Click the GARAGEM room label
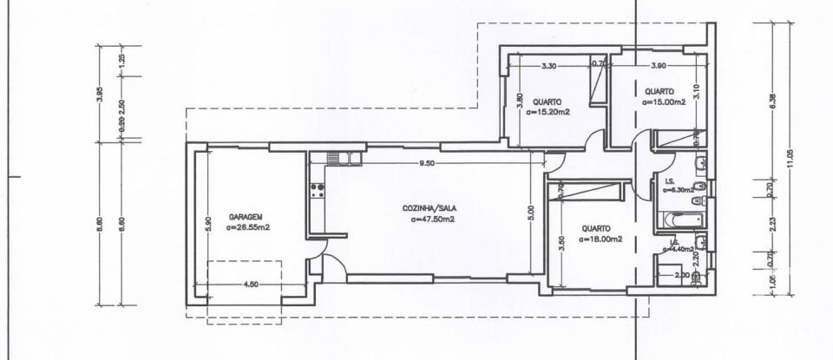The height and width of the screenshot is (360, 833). coord(246,217)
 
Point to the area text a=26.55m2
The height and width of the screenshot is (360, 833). coord(248,228)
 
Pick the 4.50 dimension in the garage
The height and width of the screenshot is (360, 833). coord(252,283)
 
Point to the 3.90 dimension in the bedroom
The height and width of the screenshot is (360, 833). coord(659,66)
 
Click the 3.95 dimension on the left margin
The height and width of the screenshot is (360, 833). coord(100,94)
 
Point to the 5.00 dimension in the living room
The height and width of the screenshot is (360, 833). coord(531,213)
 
